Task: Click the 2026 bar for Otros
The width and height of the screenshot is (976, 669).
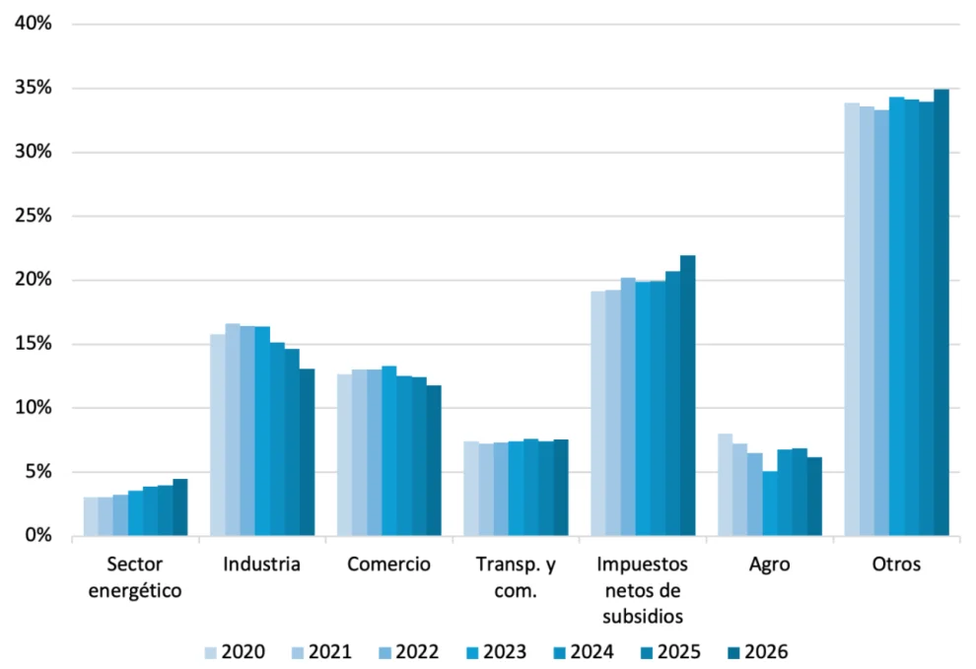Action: (941, 312)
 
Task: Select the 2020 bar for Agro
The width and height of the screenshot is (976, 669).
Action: (725, 485)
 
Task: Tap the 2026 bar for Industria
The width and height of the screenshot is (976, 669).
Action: (308, 452)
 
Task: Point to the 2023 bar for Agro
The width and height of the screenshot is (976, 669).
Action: (769, 503)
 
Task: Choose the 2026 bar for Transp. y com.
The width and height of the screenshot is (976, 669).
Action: (561, 488)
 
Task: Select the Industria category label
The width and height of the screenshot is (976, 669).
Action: (261, 565)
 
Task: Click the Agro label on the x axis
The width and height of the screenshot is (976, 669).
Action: (769, 565)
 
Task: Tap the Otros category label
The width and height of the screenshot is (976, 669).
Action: (896, 565)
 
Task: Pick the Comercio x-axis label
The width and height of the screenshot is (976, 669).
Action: (388, 565)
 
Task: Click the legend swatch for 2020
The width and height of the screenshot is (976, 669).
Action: (211, 651)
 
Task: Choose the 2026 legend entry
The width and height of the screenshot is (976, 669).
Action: (756, 651)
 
